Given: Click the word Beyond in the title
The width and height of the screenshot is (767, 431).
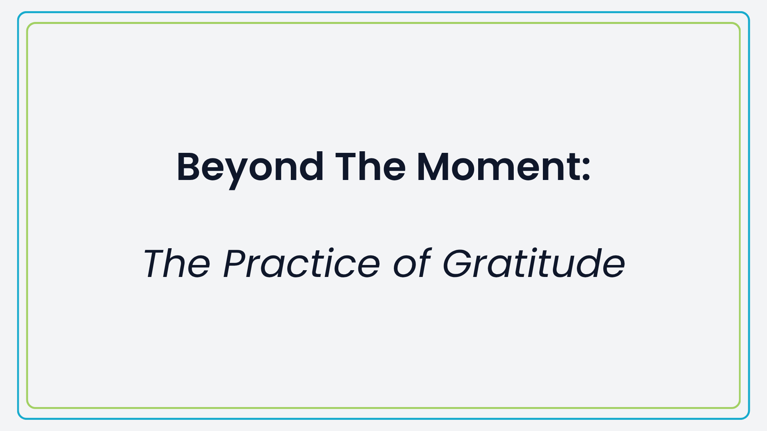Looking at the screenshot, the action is pos(250,169).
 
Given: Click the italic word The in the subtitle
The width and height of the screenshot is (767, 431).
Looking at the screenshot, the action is pos(177,263).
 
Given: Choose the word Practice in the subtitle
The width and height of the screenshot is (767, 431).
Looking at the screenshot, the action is pos(302,263).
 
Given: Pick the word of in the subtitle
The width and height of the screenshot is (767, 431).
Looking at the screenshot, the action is pos(412,263).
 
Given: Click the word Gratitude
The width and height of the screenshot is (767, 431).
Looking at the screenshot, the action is pos(534,263).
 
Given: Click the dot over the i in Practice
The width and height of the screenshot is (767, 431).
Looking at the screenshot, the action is pos(330,250).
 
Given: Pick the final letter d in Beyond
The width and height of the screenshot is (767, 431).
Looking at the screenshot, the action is pos(310,167).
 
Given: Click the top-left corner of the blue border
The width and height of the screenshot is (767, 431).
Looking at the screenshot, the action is pos(18,13).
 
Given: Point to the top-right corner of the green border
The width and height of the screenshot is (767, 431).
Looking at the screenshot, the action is pos(740,23).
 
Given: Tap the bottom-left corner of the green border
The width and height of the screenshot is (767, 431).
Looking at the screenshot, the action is pos(27,408).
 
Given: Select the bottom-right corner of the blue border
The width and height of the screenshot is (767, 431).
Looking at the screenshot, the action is pos(749,418).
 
